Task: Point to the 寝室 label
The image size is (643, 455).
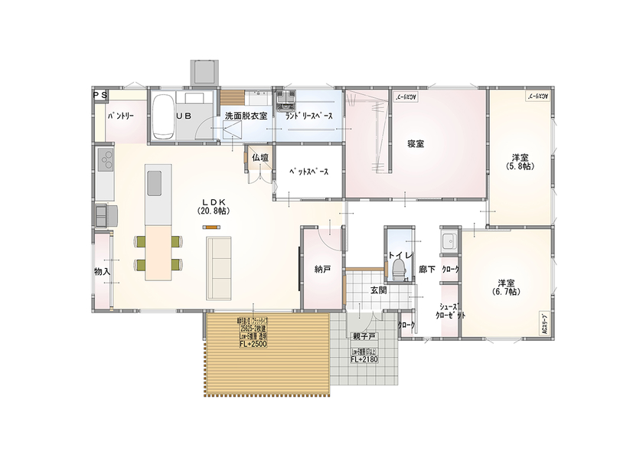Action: (x=416, y=143)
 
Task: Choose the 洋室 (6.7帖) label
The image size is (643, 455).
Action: (x=506, y=286)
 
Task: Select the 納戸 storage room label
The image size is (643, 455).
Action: (x=322, y=269)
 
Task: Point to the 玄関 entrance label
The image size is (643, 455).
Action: (x=378, y=290)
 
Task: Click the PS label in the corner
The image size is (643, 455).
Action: (x=100, y=94)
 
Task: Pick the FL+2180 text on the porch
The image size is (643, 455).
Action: (x=365, y=358)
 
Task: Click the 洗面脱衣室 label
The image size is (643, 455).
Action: (x=245, y=116)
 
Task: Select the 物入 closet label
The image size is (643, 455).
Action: (x=102, y=271)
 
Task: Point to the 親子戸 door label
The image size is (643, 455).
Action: (x=364, y=337)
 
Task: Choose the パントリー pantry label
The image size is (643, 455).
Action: (x=121, y=116)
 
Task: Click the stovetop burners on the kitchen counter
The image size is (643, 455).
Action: (x=105, y=161)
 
